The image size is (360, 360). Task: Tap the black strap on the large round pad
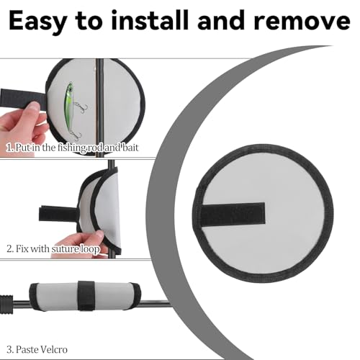pos(233,214)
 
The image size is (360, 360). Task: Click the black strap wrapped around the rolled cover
pos(86,295)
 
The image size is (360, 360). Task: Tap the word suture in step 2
pos(65,248)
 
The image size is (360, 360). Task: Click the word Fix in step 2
pos(22,248)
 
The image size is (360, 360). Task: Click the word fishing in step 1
pos(71,148)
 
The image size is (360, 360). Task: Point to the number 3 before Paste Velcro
pos(9,350)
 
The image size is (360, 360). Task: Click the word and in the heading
pos(221,20)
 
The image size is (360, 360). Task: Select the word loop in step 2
pos(90,249)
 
